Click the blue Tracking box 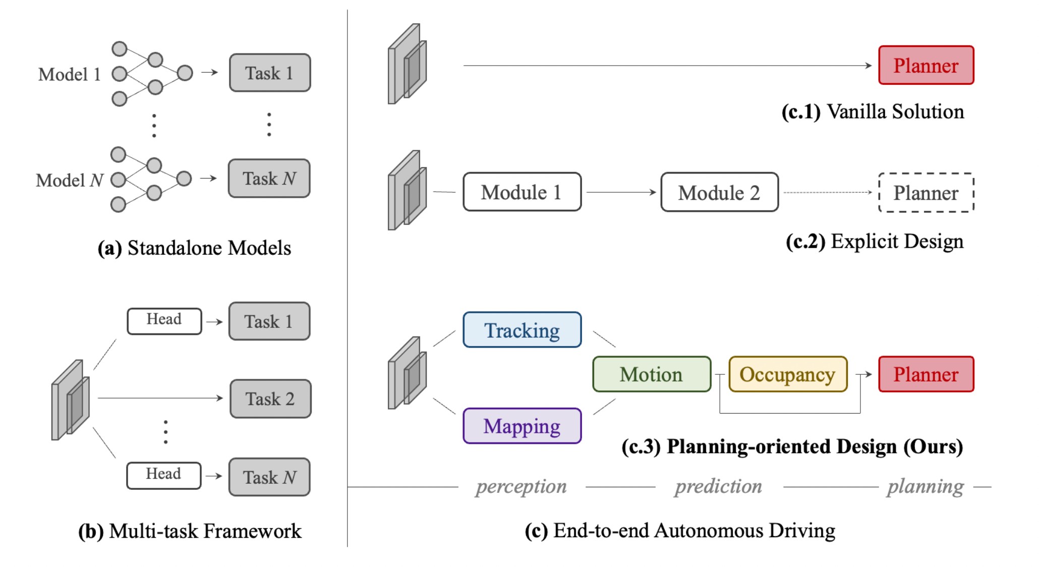[522, 330]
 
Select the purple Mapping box [522, 426]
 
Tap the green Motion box [652, 374]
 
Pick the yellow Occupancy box [788, 374]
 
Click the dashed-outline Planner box [926, 193]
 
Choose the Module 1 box [522, 192]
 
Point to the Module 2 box [719, 192]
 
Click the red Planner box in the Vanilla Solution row [926, 65]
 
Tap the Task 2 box [270, 399]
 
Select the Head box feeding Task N [164, 475]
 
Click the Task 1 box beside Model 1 [270, 73]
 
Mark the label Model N [70, 180]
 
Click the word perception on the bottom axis [521, 487]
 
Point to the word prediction [718, 486]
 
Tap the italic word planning [926, 487]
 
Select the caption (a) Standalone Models [194, 248]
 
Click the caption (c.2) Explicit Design [875, 241]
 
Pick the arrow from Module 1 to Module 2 [621, 192]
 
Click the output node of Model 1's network [185, 73]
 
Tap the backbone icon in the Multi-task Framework [71, 400]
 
